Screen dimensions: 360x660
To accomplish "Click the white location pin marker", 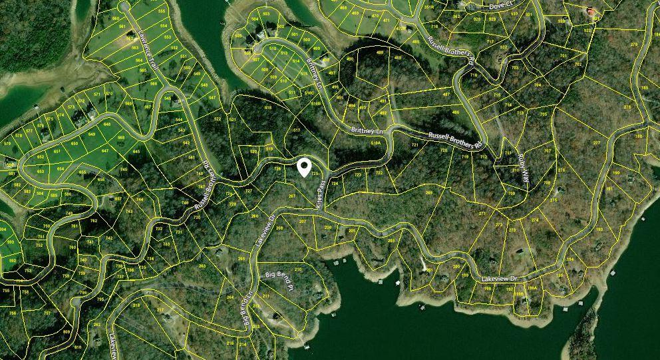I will point(305,168).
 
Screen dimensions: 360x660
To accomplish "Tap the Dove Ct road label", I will point(502,5).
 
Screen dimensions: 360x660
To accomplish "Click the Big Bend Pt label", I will point(279,279).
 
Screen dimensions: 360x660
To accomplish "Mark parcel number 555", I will point(162,11).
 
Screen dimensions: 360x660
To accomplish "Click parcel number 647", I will point(104,151).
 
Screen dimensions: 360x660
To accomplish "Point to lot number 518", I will point(268,107).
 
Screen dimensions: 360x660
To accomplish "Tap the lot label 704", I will point(537,85).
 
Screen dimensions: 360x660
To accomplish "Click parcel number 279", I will point(633,45).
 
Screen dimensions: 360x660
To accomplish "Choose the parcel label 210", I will point(297,269).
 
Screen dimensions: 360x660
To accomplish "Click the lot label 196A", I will point(532,288).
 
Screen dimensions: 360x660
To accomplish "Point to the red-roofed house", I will point(589,11).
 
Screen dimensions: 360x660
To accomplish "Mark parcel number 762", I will point(94,220).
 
